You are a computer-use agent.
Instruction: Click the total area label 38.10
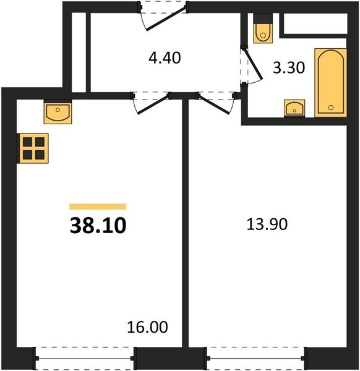pos(98,226)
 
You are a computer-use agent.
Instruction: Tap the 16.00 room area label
pos(147,327)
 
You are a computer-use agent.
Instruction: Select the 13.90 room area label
pos(267,224)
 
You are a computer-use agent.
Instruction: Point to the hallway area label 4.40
pos(165,58)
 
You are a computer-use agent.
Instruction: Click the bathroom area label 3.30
pos(289,67)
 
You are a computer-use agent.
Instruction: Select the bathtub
pos(331,83)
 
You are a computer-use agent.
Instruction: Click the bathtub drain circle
pos(331,108)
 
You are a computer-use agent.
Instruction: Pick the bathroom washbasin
pos(294,109)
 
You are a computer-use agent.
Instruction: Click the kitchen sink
pos(58,112)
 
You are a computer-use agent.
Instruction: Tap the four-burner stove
pos(33,148)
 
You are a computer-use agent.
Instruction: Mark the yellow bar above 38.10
pos(98,207)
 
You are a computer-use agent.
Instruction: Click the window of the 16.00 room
pos(85,358)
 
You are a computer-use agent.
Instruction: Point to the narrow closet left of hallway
pos(79,53)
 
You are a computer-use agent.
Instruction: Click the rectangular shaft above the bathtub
pos(315,23)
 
